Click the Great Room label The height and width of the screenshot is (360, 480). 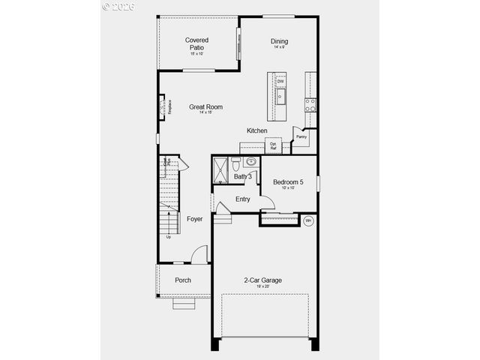tap(205, 107)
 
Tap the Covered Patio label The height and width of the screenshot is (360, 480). tap(197, 43)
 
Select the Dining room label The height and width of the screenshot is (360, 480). tap(279, 42)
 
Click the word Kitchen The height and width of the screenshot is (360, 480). tap(257, 130)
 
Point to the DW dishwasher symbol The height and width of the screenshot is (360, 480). tap(280, 81)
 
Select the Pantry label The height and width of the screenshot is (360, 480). tap(301, 137)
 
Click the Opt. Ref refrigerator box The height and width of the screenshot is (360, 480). tap(274, 145)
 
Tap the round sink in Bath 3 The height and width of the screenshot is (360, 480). tap(251, 160)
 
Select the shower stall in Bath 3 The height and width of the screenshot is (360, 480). tap(221, 169)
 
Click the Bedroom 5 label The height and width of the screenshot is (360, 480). tap(289, 182)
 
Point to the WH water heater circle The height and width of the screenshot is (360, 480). tap(308, 220)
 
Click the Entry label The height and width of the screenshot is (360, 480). tap(243, 199)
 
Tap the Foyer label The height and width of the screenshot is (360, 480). tap(195, 219)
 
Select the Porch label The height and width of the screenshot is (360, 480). tap(183, 280)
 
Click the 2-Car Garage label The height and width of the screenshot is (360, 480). tap(262, 280)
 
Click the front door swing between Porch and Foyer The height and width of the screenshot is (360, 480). tap(199, 255)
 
